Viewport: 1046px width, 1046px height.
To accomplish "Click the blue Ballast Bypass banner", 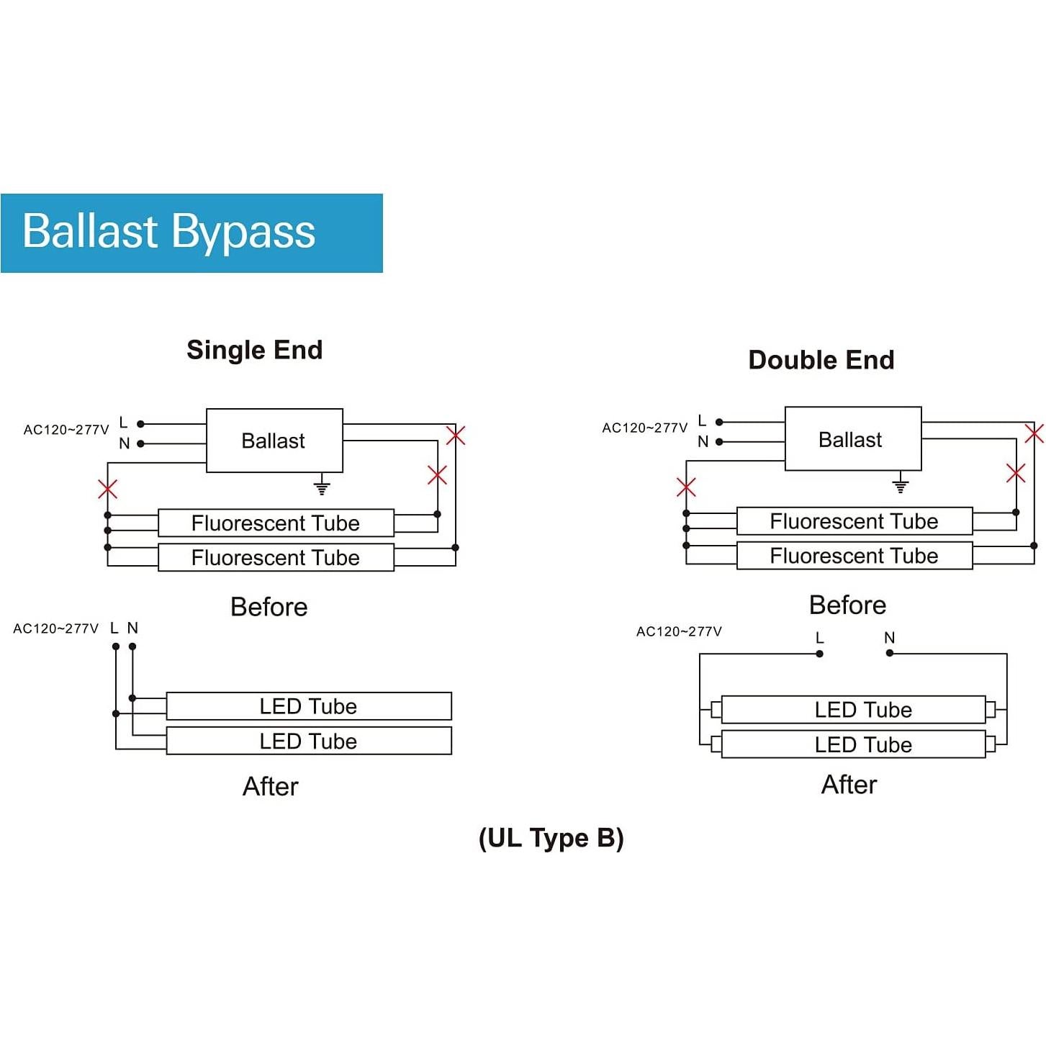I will [x=191, y=233].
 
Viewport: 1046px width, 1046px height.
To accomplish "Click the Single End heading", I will [x=255, y=350].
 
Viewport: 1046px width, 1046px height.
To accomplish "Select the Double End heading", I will [x=821, y=360].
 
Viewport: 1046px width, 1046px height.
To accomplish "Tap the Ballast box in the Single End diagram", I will [x=274, y=441].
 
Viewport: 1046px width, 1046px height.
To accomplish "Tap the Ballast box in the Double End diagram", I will [x=852, y=439].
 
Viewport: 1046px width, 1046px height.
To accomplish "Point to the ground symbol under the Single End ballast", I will [x=322, y=487].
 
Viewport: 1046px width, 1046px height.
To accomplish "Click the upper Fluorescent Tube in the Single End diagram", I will [x=276, y=523].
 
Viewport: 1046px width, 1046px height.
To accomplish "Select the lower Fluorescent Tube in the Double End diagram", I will [x=855, y=556].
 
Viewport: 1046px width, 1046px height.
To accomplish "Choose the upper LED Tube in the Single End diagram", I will [x=309, y=706].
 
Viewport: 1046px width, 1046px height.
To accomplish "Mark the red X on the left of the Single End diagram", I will [x=108, y=490].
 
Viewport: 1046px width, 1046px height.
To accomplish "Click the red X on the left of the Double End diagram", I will [x=687, y=487].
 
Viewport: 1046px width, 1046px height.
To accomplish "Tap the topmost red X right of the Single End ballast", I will [x=456, y=436].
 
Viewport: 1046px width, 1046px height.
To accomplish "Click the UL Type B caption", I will [x=551, y=838].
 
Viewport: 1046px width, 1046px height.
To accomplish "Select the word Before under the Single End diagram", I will [x=269, y=607].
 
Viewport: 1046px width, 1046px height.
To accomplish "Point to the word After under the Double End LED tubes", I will [x=849, y=785].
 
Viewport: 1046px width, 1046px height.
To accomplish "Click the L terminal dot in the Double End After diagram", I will [x=820, y=654].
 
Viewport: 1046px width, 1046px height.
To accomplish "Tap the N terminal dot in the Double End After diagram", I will [x=890, y=653].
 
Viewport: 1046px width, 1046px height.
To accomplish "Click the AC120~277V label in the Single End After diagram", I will [x=56, y=628].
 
